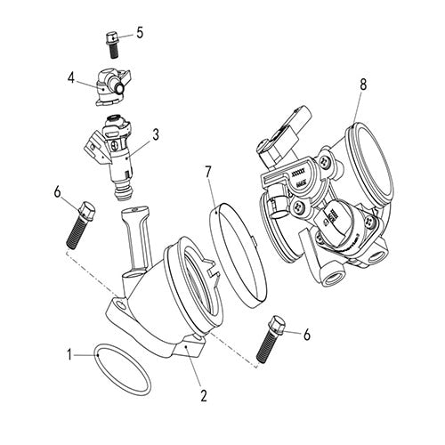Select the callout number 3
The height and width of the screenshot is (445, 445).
tap(156, 135)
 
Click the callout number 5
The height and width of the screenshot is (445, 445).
tap(140, 33)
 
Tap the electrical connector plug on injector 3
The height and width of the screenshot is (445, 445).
tap(94, 141)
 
